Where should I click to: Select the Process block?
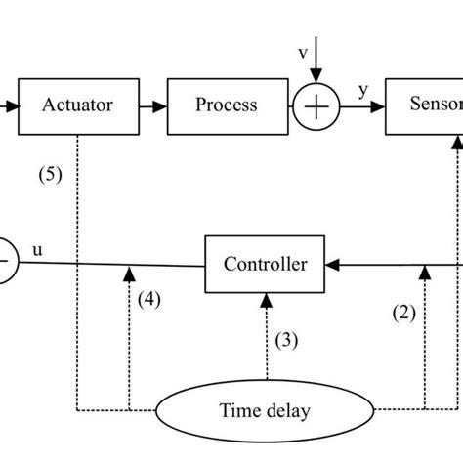click(x=226, y=105)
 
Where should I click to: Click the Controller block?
click(x=265, y=264)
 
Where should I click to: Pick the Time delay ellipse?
click(x=266, y=410)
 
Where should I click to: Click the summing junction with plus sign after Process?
click(x=316, y=105)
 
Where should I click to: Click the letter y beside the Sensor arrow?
click(x=362, y=91)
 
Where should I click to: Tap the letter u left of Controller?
click(x=38, y=250)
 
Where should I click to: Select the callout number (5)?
click(x=50, y=176)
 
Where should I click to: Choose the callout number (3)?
click(x=285, y=340)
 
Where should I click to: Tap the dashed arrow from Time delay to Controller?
click(x=265, y=342)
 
